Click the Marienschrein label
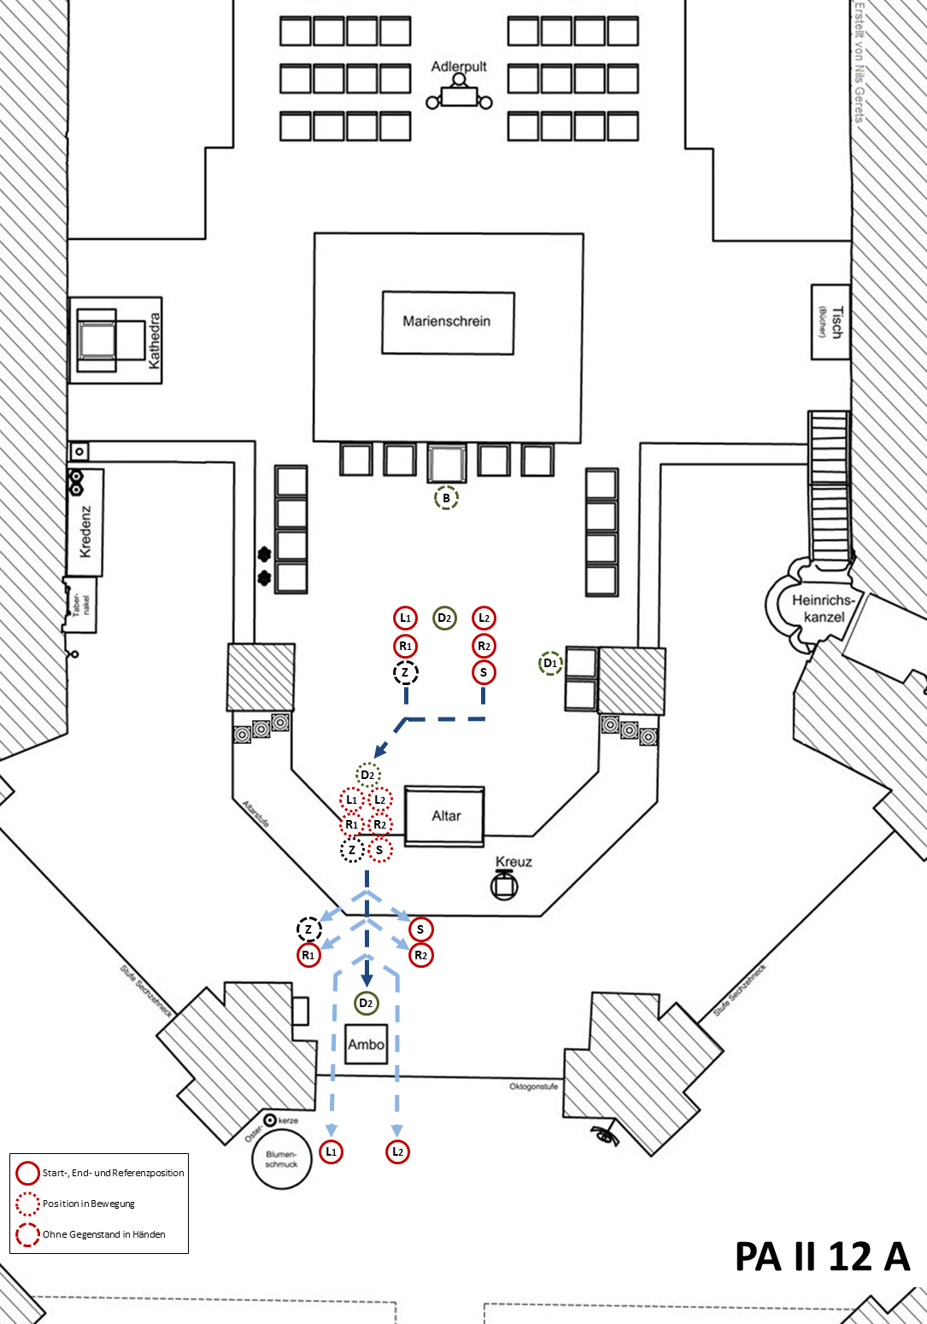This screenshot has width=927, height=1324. pos(447,322)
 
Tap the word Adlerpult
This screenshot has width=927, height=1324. pos(459,67)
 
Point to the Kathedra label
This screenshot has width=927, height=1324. pos(155,341)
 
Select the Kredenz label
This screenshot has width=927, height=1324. pos(85,531)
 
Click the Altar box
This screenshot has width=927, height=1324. pos(445,816)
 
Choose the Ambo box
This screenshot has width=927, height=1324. pos(366,1044)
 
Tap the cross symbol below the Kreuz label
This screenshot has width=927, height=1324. pos(504,886)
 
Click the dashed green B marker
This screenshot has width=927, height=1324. pos(446,498)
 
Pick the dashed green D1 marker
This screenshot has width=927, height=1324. pos(551,663)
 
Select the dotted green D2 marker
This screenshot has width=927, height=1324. pos(367,775)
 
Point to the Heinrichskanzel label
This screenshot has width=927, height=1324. pos(824,608)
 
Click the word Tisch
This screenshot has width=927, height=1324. pos(836,322)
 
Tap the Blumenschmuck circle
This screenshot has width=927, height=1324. pos(281,1159)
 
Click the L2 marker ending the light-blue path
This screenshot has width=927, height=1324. pos(397,1151)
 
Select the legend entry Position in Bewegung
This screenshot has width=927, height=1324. pos(89,1204)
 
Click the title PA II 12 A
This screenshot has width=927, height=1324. pos(822,1257)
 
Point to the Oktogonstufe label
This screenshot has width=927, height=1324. pos(533,1087)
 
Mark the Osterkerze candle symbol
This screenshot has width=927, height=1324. pos(270,1120)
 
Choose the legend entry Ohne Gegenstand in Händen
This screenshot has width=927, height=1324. pos(103,1234)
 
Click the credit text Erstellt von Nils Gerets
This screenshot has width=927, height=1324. pos(860,62)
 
